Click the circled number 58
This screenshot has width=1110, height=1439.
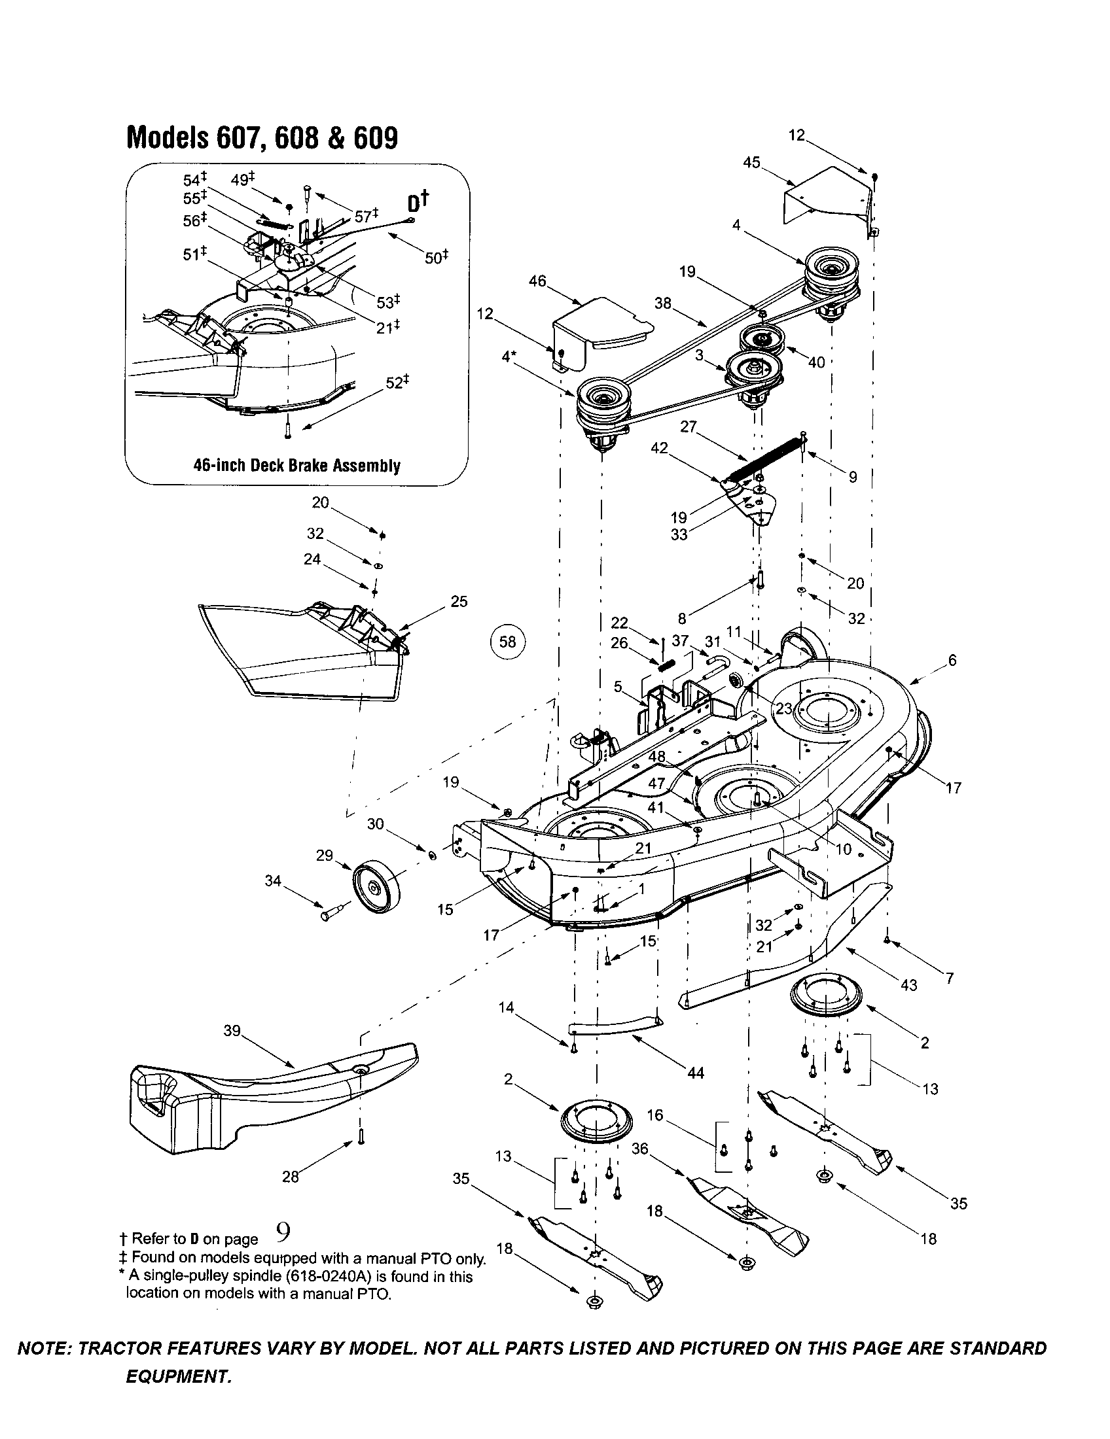coord(507,641)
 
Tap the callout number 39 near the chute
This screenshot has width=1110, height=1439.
coord(232,1031)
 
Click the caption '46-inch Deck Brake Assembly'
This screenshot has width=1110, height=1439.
coord(296,466)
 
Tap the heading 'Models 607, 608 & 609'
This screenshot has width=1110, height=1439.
coord(262,138)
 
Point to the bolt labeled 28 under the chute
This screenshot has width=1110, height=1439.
coord(361,1136)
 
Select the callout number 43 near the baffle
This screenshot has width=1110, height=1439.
coord(908,986)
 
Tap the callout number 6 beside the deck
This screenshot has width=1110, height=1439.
coord(952,660)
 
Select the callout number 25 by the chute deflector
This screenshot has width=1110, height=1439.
coord(459,602)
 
